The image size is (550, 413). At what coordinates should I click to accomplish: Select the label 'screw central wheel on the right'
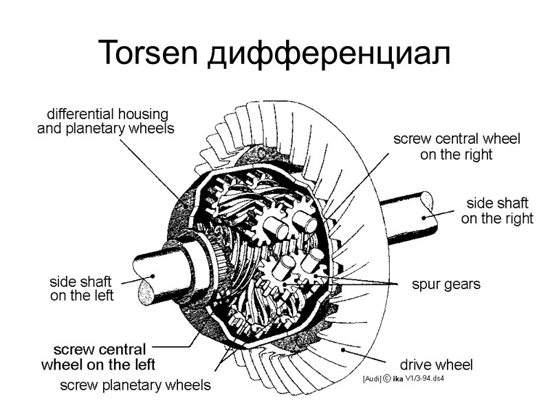point(456,147)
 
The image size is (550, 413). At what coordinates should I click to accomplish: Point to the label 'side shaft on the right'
point(497,211)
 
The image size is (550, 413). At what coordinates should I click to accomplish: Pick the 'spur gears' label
point(445,284)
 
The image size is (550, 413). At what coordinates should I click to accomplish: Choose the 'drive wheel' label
point(437,364)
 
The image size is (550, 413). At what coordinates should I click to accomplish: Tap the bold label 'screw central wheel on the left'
point(99,356)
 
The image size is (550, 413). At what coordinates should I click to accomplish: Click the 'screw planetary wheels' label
point(135,385)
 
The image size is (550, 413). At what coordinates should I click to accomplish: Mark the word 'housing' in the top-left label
point(142,114)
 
